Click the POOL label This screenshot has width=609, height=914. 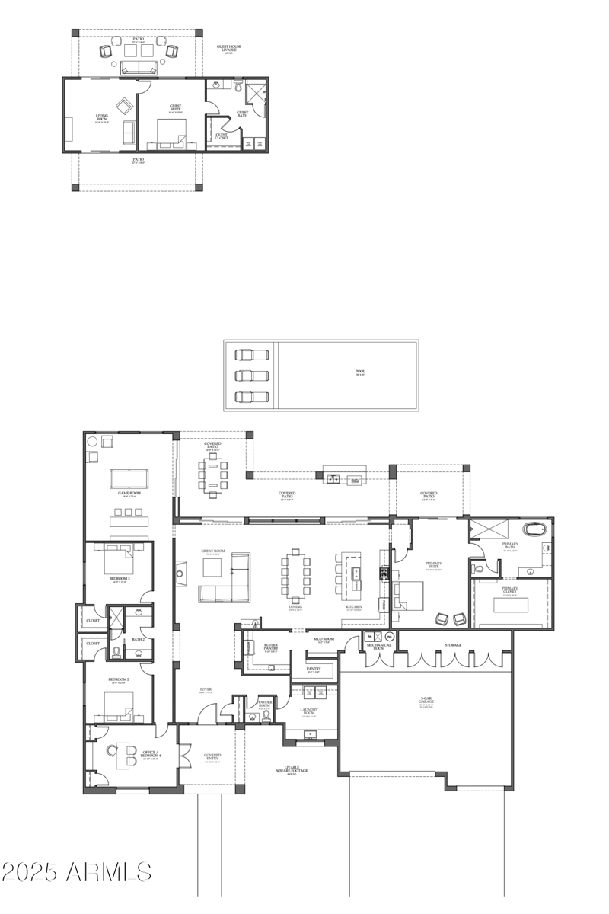pyautogui.click(x=360, y=372)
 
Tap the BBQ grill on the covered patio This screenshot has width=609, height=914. pyautogui.click(x=354, y=481)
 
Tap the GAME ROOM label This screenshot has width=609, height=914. pyautogui.click(x=129, y=493)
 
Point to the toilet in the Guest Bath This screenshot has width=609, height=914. pyautogui.click(x=238, y=89)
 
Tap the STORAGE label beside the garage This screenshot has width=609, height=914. pyautogui.click(x=453, y=645)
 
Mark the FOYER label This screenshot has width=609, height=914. pyautogui.click(x=206, y=690)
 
